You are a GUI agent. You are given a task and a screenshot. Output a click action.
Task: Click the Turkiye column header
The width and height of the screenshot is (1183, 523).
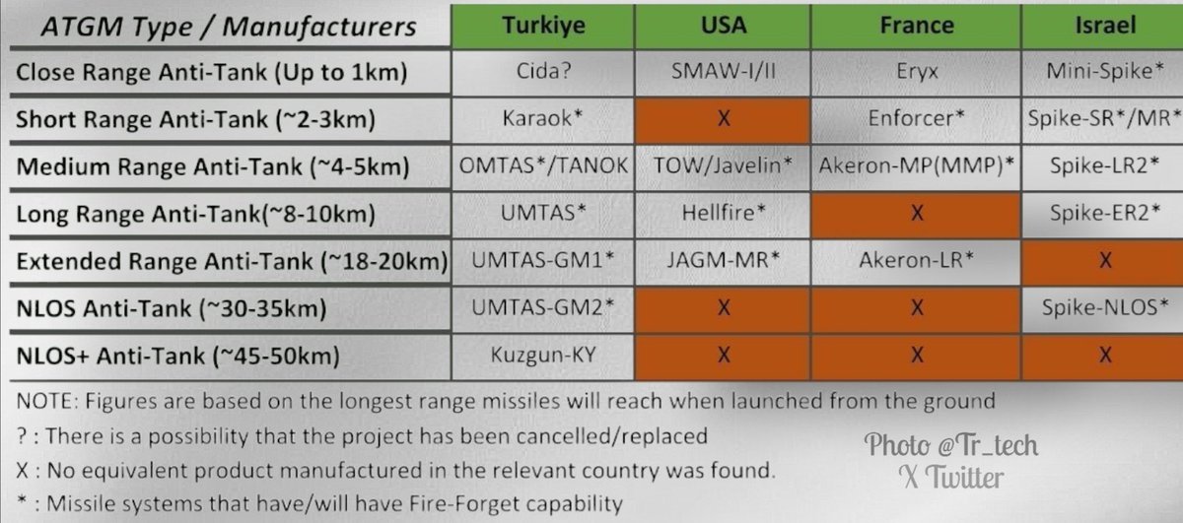(543, 26)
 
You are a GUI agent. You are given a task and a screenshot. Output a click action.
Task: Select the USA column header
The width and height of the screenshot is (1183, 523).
(723, 26)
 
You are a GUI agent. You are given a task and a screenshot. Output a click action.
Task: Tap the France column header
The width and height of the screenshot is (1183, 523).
(916, 26)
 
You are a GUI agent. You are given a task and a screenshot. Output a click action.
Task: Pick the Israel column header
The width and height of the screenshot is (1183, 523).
(1103, 26)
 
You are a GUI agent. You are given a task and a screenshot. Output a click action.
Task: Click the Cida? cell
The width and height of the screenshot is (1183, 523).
(543, 71)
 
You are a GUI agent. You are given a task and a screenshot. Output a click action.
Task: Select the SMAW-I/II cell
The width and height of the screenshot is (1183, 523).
(723, 71)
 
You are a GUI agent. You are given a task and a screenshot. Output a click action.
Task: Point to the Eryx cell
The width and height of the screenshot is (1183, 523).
(916, 71)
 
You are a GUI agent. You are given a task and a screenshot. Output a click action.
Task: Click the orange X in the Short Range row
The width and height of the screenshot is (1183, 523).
(723, 119)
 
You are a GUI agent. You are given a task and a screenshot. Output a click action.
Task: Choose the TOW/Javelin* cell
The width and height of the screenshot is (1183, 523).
(723, 166)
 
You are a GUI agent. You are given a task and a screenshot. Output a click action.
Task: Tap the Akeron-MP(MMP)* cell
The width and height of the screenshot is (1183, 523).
(916, 166)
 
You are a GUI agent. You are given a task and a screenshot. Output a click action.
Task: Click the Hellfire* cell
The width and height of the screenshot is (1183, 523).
(723, 214)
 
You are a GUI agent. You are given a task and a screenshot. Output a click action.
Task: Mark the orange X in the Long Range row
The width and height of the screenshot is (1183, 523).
(916, 214)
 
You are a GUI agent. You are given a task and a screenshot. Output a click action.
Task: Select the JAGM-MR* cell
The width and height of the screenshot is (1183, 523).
(723, 261)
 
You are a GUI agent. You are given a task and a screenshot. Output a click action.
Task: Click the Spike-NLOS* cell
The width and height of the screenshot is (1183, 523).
(1103, 308)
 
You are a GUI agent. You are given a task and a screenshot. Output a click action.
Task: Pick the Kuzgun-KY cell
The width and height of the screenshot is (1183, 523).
(543, 356)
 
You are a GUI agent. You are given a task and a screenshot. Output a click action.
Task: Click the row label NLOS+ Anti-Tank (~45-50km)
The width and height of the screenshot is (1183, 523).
(178, 357)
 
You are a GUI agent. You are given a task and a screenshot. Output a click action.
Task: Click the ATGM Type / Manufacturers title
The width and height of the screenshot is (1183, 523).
(229, 27)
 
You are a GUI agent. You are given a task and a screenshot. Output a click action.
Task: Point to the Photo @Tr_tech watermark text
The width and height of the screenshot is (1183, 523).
(950, 445)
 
